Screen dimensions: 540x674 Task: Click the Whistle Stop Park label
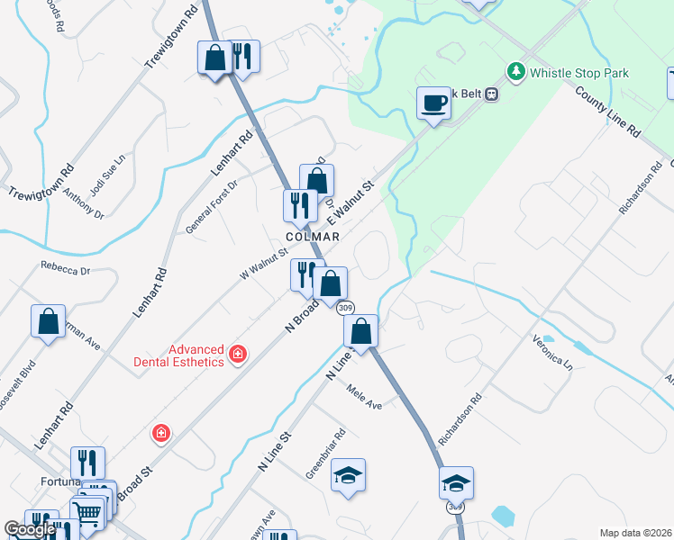[579, 73]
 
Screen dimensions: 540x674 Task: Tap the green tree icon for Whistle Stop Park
[515, 71]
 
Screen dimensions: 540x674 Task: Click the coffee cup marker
[433, 103]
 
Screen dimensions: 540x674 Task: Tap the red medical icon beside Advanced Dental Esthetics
[238, 355]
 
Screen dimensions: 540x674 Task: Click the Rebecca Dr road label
[66, 268]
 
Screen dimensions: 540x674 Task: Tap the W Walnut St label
[262, 264]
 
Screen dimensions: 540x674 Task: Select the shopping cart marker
[87, 515]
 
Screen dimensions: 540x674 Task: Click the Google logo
[30, 530]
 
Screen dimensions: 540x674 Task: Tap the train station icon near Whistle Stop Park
[491, 93]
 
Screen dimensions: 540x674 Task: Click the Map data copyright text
[635, 533]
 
